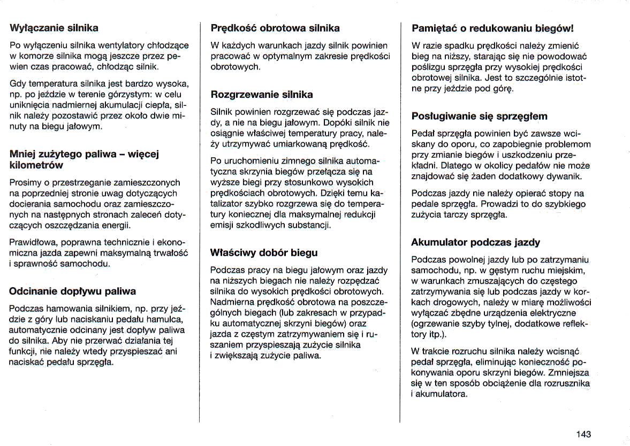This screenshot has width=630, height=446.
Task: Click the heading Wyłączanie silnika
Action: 54,27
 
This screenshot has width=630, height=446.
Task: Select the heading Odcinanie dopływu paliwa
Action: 73,291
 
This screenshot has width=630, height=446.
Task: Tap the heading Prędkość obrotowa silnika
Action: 275,28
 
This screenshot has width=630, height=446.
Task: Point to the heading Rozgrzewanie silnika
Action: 262,95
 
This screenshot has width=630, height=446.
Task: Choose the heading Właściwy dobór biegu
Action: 264,252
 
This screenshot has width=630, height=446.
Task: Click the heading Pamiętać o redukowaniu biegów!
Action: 492,28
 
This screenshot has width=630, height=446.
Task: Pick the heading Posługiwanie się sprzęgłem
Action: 479,116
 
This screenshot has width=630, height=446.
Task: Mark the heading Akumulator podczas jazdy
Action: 475,242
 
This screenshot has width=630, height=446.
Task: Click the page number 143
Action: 583,434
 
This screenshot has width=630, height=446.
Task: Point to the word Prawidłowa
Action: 31,243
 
